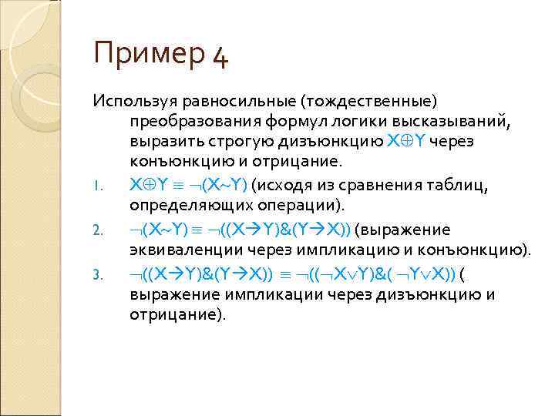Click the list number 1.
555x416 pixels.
96,187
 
